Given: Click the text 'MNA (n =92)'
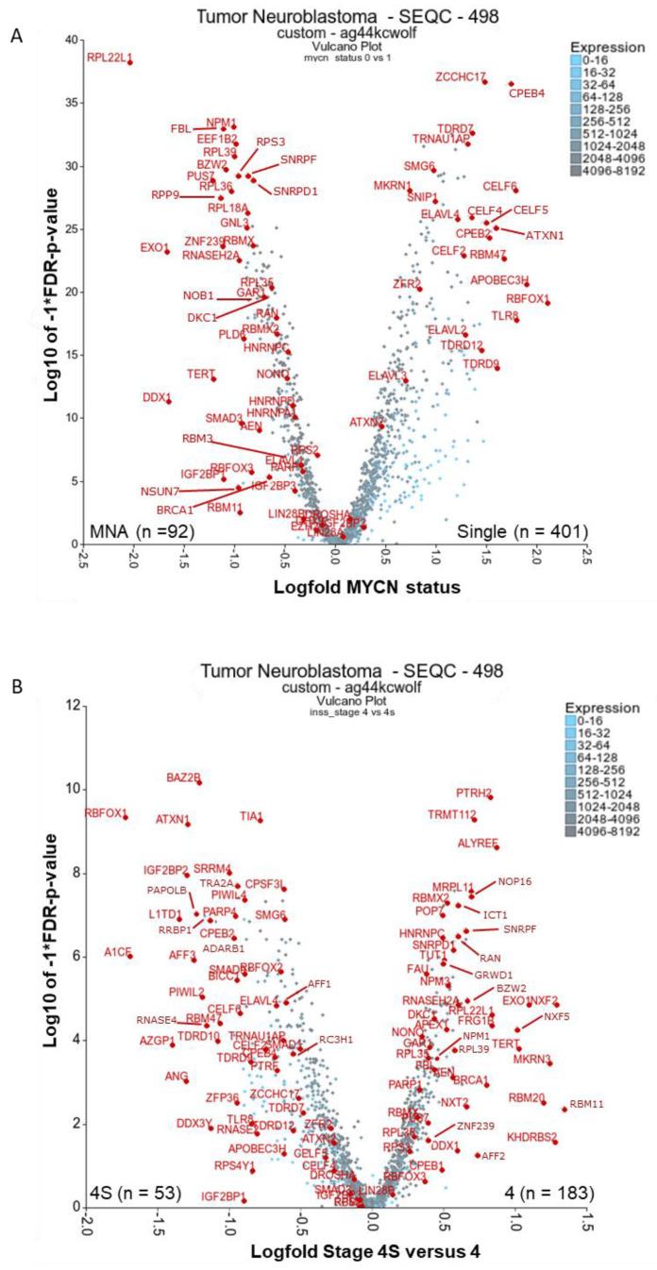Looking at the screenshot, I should point(142,532).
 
